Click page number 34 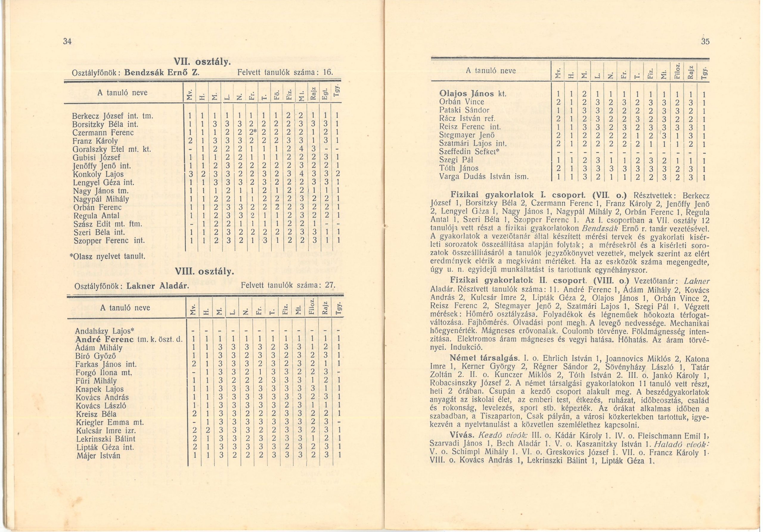click(67, 41)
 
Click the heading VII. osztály click(202, 62)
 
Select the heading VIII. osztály click(204, 272)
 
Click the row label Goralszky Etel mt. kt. click(112, 149)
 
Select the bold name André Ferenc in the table click(105, 339)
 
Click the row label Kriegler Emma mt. click(110, 423)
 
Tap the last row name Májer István click(98, 456)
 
